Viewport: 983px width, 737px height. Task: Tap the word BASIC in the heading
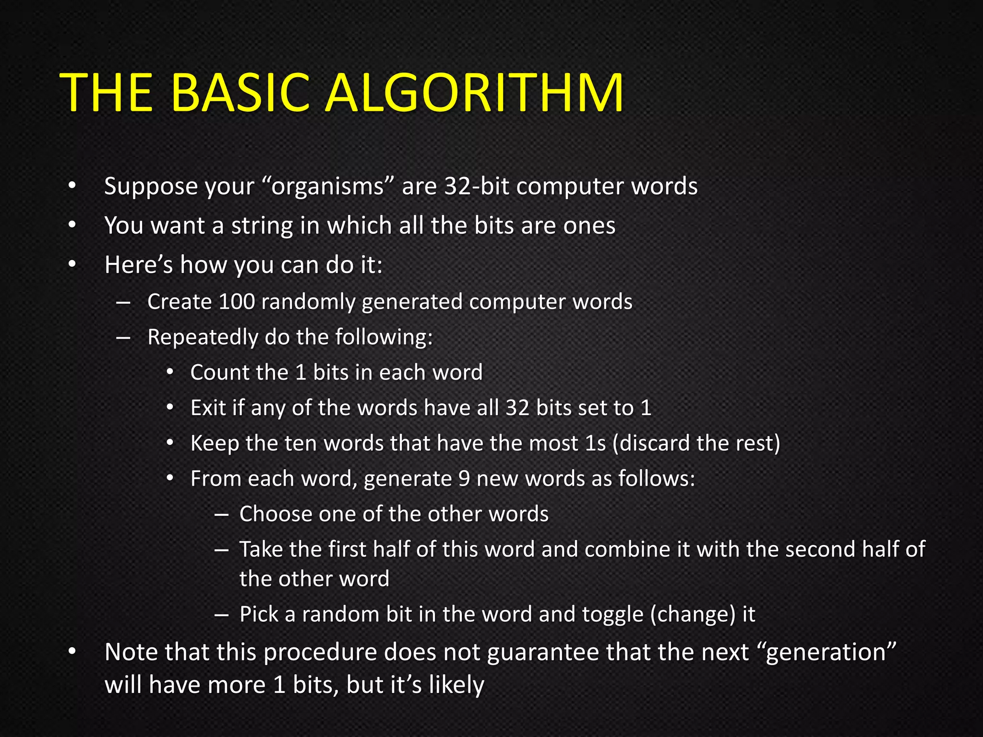tap(240, 92)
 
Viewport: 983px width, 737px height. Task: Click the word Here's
tap(139, 265)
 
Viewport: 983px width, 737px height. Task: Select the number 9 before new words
tap(464, 479)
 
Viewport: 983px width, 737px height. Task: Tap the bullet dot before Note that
tap(72, 652)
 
